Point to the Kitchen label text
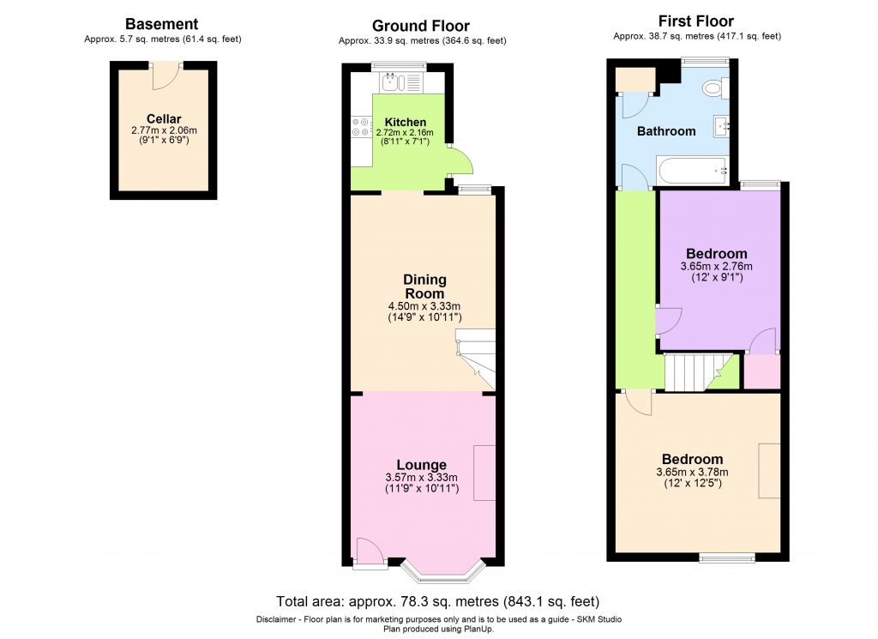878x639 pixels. [x=405, y=122]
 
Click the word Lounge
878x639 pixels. [x=421, y=465]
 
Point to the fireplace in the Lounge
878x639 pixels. [x=484, y=473]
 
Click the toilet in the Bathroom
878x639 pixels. [x=713, y=88]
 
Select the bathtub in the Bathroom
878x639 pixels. [x=692, y=171]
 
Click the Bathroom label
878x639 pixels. [x=665, y=131]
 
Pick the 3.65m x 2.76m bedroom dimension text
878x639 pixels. [x=716, y=267]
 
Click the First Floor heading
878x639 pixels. [x=696, y=21]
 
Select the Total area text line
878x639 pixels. [x=437, y=600]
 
